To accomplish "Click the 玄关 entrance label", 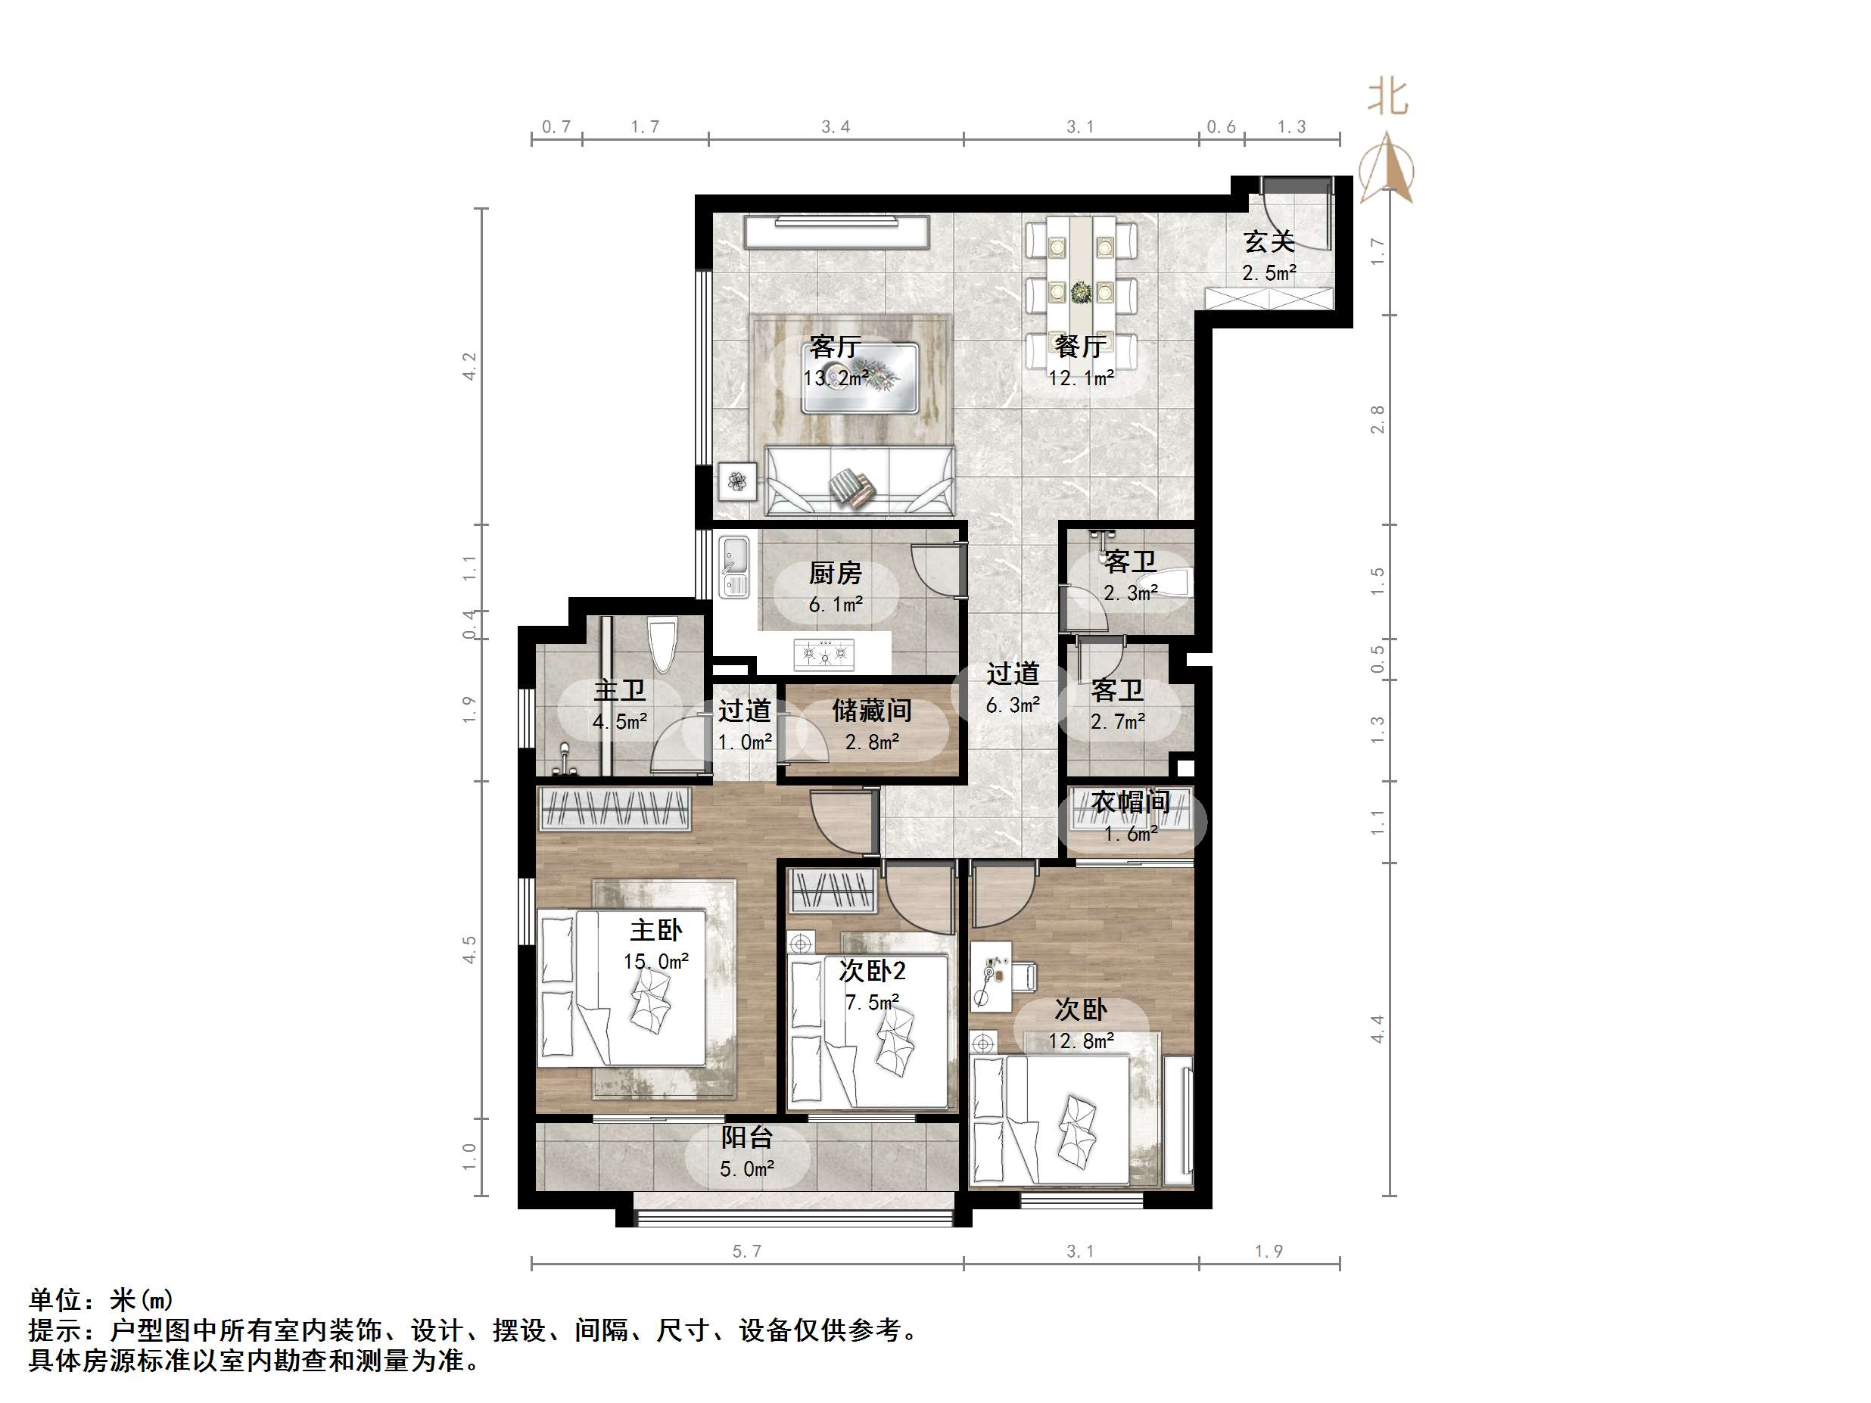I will coord(1269,243).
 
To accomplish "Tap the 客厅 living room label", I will coord(834,347).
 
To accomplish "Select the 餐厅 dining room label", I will coord(1080,347).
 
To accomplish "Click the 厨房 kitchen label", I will coord(835,574).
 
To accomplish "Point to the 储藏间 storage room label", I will coord(871,711).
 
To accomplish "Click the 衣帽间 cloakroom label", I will coord(1130,801).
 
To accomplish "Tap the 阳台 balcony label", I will coord(746,1137).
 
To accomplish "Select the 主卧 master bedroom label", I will coord(655,930).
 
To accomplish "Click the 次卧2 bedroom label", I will coord(871,971).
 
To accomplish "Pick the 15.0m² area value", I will coord(655,962).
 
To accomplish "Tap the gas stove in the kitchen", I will coord(823,653).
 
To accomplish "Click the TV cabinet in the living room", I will coord(836,231).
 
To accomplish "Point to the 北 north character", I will coord(1387,98).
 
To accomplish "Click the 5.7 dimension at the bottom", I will coord(747,1251).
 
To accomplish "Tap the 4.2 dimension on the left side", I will coord(469,366).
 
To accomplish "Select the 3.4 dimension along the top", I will coord(836,127).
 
